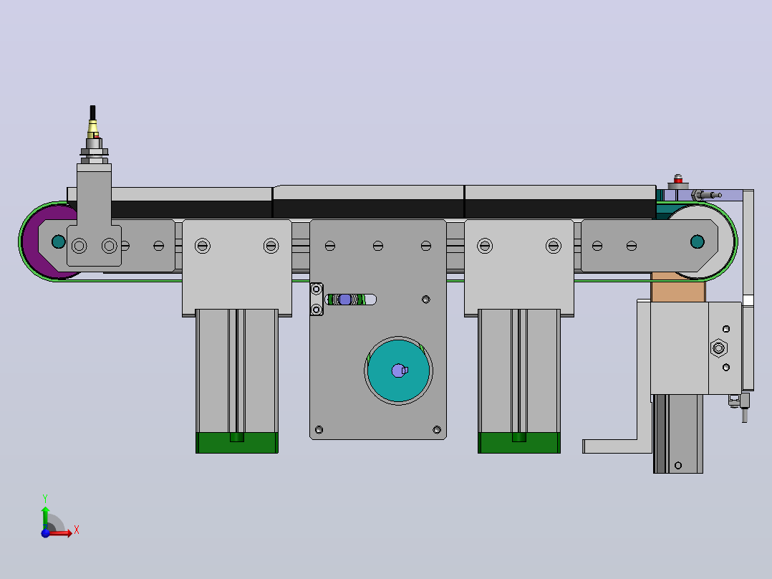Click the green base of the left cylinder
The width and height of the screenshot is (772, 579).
237,443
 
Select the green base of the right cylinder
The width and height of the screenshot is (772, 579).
519,443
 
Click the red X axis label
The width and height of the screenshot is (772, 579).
77,530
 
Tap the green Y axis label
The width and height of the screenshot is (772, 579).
45,499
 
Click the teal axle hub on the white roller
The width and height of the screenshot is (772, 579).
698,241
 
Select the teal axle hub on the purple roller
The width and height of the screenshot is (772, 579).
59,241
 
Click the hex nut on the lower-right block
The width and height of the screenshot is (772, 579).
719,348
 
